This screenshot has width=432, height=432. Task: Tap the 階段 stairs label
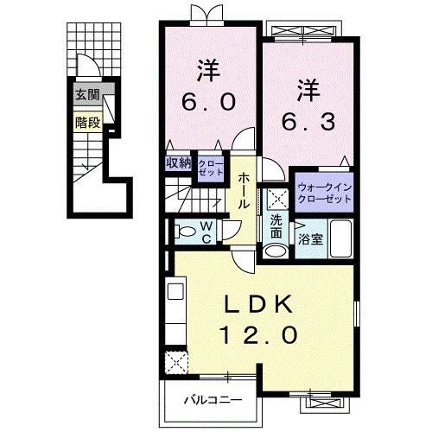coord(87,122)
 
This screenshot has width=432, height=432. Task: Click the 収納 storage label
coord(179,162)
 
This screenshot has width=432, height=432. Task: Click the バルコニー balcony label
coord(212,400)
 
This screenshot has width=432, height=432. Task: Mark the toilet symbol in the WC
coord(183,231)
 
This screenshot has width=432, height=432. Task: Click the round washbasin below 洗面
coord(276,251)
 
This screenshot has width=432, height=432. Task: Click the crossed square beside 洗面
coord(277,198)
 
